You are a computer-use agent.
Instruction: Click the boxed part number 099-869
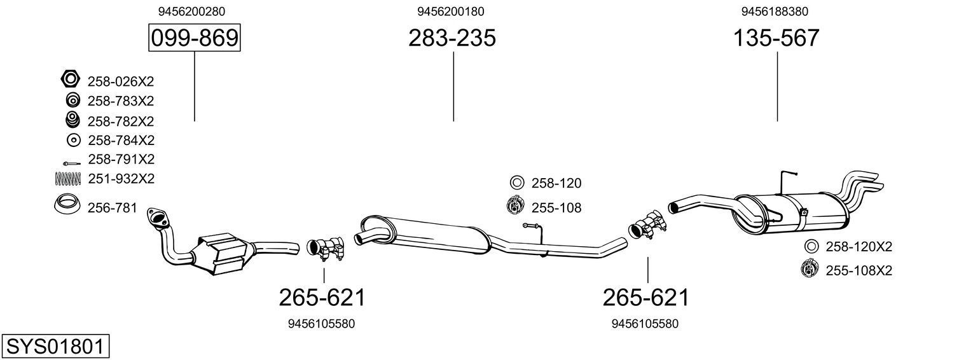click(195, 39)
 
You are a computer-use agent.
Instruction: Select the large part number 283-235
click(452, 39)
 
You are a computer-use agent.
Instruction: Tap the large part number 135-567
click(776, 39)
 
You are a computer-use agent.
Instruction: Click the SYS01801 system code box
click(55, 347)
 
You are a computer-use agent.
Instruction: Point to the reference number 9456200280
click(191, 11)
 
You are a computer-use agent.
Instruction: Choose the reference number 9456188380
click(775, 11)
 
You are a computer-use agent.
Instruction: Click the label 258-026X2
click(121, 81)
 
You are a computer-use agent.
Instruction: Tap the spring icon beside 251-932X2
click(69, 179)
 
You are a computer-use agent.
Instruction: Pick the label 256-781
click(112, 207)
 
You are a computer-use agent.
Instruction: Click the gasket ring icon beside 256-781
click(67, 205)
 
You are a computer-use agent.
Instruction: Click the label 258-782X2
click(121, 121)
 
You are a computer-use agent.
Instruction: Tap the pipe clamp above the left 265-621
click(325, 249)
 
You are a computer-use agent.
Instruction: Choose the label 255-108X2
click(859, 271)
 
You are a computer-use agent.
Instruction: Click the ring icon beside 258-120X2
click(811, 246)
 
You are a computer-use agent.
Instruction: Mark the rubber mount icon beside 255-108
click(515, 206)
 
